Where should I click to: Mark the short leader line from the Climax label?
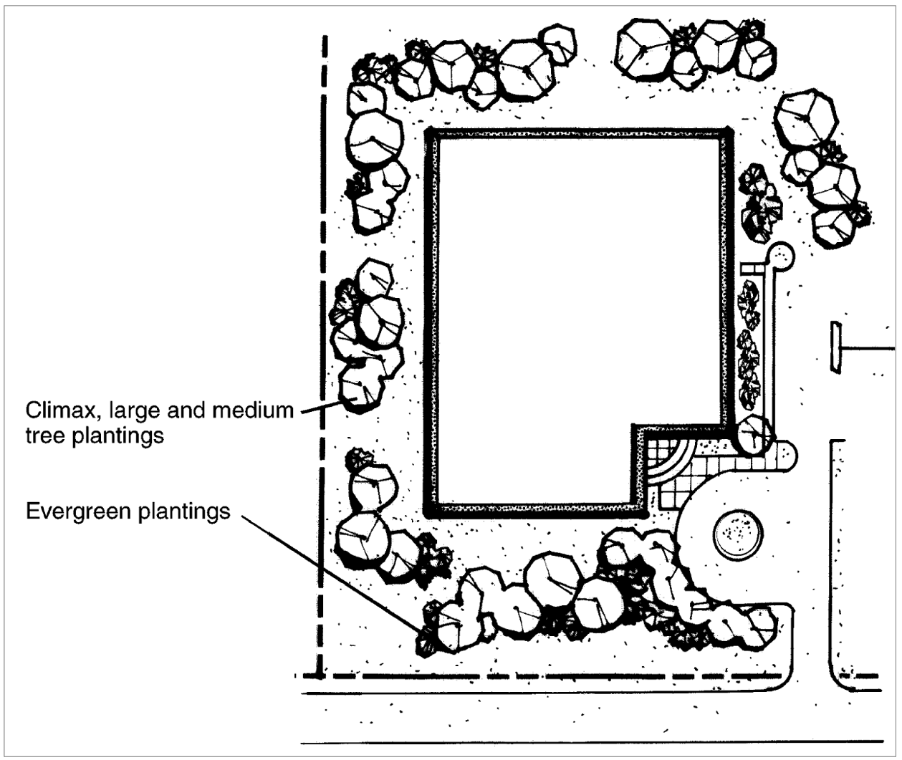[319, 408]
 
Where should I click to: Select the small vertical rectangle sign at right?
[835, 348]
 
